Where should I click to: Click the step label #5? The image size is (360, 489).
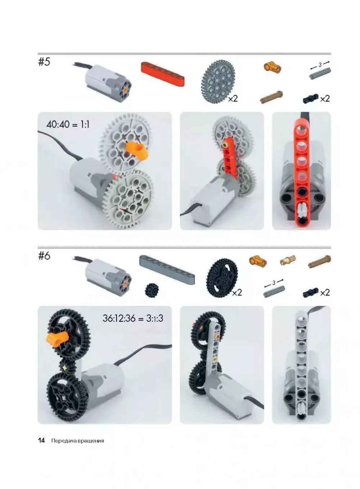tap(44, 62)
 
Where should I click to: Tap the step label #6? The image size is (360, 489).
tap(44, 256)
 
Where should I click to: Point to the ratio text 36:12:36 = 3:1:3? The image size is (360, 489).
tap(132, 318)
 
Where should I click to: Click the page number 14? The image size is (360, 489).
tap(41, 440)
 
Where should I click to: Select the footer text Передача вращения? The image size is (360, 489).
tap(77, 441)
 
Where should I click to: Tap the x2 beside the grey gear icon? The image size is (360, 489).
tap(233, 98)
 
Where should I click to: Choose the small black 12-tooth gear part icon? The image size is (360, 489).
tap(150, 290)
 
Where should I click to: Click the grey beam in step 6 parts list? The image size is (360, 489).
tap(167, 269)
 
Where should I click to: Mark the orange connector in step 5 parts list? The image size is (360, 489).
tap(273, 67)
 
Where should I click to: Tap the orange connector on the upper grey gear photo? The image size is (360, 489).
tap(138, 151)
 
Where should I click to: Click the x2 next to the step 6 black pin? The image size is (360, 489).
tap(325, 292)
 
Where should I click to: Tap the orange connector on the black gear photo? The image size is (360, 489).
tap(57, 337)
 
